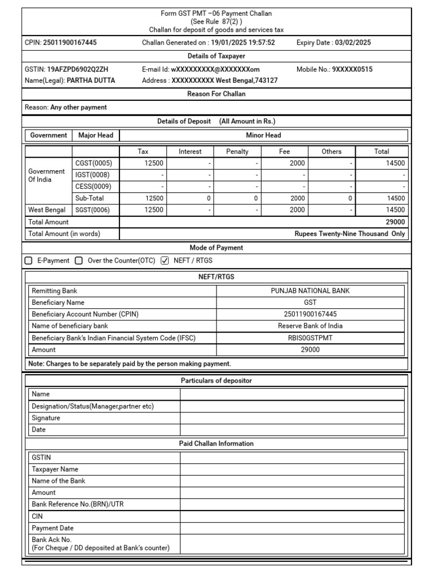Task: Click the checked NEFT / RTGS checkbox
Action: point(165,260)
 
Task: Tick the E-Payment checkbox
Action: point(29,260)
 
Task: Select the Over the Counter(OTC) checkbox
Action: point(79,260)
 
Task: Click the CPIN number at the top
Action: point(70,42)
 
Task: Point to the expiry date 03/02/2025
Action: point(352,42)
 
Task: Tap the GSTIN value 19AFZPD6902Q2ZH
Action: point(78,69)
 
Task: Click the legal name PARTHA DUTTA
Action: point(91,81)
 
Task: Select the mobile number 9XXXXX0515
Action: point(352,69)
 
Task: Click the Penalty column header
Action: point(237,152)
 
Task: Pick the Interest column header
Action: point(190,152)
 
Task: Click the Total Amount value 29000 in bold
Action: point(395,222)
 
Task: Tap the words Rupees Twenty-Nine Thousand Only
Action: point(350,234)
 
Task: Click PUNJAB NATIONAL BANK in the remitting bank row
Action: point(310,291)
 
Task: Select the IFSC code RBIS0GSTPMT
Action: point(310,338)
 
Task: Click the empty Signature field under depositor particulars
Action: point(292,418)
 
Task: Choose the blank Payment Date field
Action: point(292,528)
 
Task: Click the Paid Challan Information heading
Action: point(216,443)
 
